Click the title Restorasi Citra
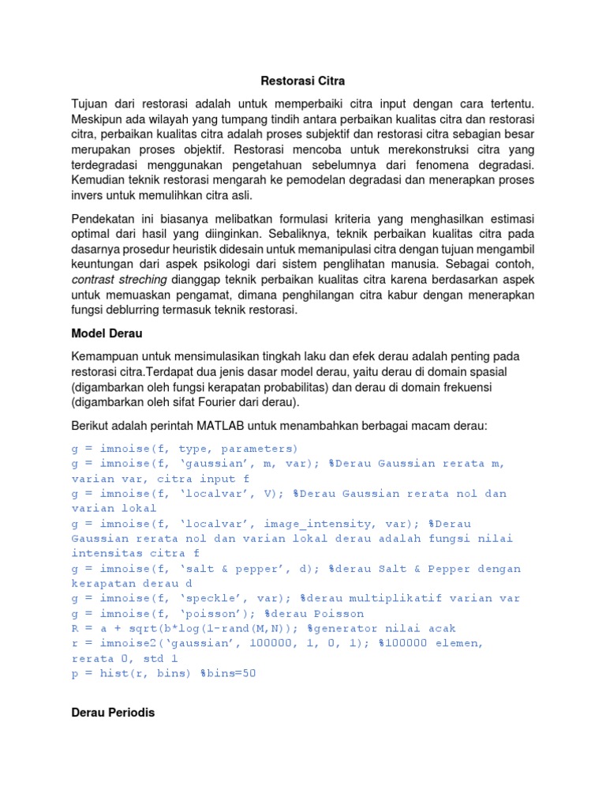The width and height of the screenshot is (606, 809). click(x=303, y=81)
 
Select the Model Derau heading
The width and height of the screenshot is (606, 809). click(x=103, y=333)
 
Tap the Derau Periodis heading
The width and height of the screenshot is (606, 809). click(x=113, y=712)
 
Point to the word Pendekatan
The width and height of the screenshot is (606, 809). click(x=105, y=217)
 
